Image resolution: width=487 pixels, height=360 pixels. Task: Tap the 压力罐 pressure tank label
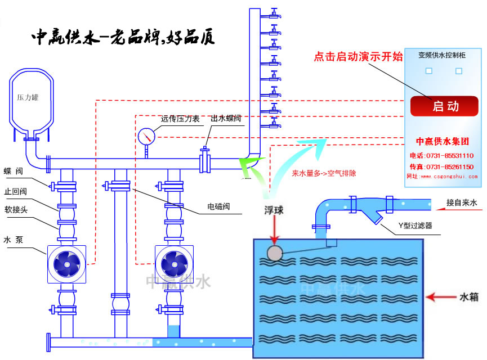pyautogui.click(x=28, y=97)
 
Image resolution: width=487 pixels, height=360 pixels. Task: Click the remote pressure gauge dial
pyautogui.click(x=146, y=136)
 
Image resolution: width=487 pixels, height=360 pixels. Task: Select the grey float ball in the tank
pyautogui.click(x=274, y=253)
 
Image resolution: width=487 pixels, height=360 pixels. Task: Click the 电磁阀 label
pyautogui.click(x=218, y=206)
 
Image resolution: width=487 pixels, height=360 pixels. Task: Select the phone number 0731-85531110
pyautogui.click(x=449, y=155)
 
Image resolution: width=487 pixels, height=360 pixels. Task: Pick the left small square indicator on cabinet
pyautogui.click(x=428, y=71)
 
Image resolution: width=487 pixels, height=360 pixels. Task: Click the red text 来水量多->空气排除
pyautogui.click(x=324, y=173)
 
